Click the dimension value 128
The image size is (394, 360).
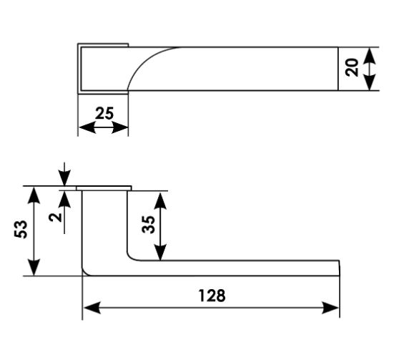click(x=212, y=296)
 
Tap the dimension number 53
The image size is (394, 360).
click(x=21, y=230)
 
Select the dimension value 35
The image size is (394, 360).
click(x=148, y=225)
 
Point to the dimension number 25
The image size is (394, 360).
click(x=104, y=113)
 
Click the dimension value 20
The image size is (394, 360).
click(x=352, y=67)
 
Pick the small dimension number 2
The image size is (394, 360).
click(x=56, y=217)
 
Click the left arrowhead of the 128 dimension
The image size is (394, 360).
click(x=92, y=308)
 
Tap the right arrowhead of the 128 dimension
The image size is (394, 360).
click(x=330, y=308)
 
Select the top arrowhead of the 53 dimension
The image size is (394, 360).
click(x=34, y=195)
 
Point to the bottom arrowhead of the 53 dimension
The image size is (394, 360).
click(x=34, y=267)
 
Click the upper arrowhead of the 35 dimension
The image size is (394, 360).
click(x=160, y=200)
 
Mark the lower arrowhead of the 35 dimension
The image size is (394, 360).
click(x=160, y=252)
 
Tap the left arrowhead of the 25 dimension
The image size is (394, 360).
click(x=87, y=127)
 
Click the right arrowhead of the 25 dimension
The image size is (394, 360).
click(x=120, y=127)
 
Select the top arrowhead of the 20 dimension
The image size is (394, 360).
click(x=370, y=56)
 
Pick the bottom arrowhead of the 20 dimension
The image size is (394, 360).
click(x=370, y=82)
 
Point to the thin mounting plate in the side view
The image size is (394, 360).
click(x=104, y=188)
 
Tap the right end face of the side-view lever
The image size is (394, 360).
click(x=340, y=268)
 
